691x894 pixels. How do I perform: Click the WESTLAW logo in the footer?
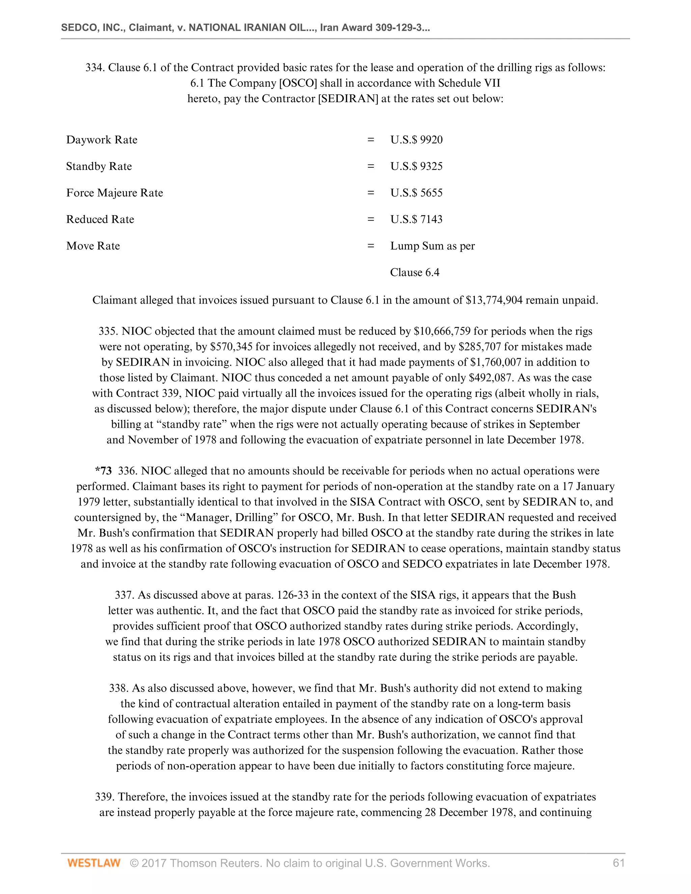(x=94, y=863)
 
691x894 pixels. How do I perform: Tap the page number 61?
(x=618, y=863)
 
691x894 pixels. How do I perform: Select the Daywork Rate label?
(x=102, y=140)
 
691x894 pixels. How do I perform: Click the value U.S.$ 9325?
(x=416, y=167)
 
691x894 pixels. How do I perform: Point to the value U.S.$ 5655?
(x=416, y=193)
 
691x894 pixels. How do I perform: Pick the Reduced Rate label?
(x=100, y=219)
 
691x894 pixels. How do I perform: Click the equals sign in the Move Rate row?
(x=370, y=246)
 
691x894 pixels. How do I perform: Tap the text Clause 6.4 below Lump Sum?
(x=414, y=273)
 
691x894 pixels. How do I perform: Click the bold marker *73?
(x=103, y=471)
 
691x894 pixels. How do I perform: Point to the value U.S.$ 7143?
(x=416, y=219)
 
